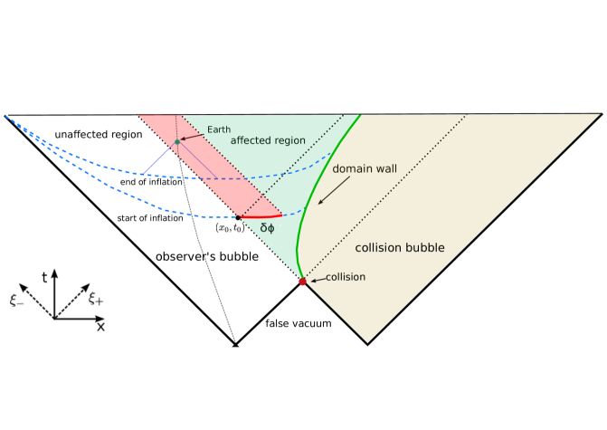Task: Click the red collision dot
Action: (x=303, y=282)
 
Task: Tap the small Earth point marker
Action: (x=177, y=141)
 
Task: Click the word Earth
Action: (x=218, y=130)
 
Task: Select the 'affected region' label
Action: (x=268, y=140)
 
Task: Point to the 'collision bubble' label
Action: (x=399, y=247)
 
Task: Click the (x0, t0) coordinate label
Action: (x=230, y=228)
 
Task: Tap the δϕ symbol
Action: (x=268, y=228)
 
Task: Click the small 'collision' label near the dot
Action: (x=346, y=277)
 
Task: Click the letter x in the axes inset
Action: (x=100, y=326)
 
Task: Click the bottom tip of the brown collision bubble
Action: (x=367, y=340)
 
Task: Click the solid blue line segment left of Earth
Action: (x=158, y=158)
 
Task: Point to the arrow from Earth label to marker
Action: (x=191, y=136)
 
